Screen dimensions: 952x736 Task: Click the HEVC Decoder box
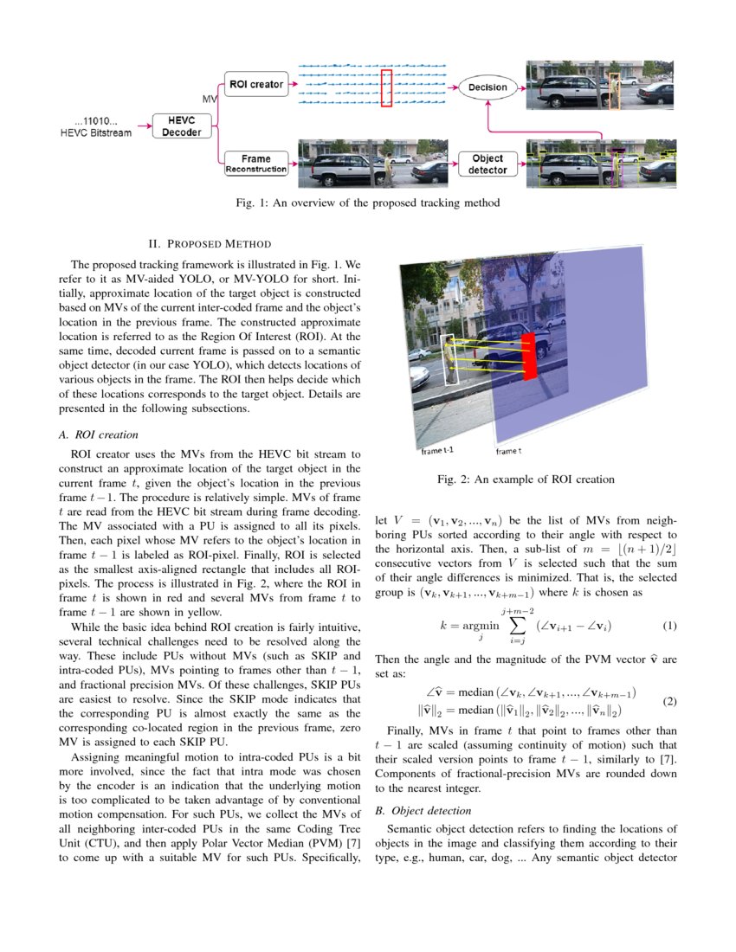(x=182, y=126)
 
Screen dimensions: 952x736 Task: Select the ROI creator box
(x=255, y=85)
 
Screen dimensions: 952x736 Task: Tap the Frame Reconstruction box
(x=255, y=164)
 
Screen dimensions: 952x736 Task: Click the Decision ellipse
(x=487, y=87)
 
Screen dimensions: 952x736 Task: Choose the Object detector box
(x=487, y=164)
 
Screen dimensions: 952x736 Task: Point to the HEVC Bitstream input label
(x=96, y=127)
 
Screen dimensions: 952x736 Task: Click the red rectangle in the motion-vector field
(x=386, y=88)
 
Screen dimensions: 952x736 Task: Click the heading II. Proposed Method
(x=210, y=243)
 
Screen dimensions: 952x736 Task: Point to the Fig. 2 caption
(x=526, y=479)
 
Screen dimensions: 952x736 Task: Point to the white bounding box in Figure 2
(x=447, y=359)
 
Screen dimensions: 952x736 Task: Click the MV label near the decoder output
(x=210, y=100)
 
